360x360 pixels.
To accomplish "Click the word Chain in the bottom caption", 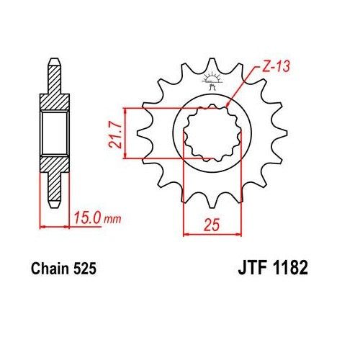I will pos(51,270).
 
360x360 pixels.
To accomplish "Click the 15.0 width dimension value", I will pos(86,215).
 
